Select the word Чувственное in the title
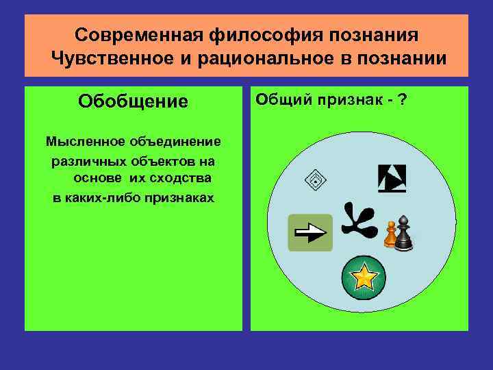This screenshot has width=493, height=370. (112, 58)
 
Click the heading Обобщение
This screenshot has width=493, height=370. (133, 102)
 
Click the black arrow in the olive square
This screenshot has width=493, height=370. (312, 233)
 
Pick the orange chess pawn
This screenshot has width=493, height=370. (390, 234)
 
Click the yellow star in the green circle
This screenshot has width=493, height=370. (364, 277)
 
